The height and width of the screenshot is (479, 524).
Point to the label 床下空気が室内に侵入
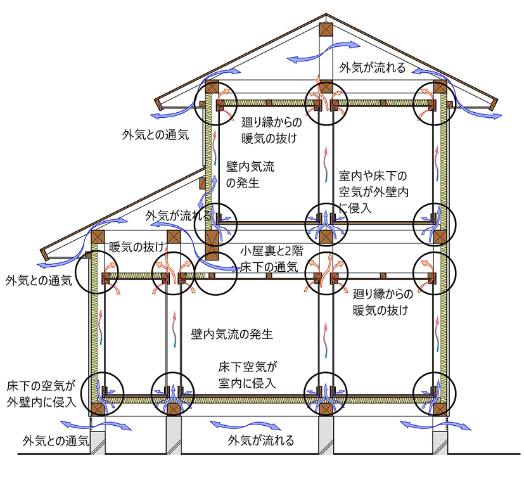pos(248,374)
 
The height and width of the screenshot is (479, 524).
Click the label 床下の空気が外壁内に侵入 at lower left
pos(42,393)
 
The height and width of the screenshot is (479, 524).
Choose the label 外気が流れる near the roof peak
pos(372,68)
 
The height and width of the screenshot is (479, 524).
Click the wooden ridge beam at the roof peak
pos(326,29)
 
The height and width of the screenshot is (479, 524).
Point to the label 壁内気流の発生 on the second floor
pos(252,174)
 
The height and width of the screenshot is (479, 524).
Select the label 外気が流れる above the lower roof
pos(179,215)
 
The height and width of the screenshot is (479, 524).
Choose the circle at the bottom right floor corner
pos(433,392)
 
